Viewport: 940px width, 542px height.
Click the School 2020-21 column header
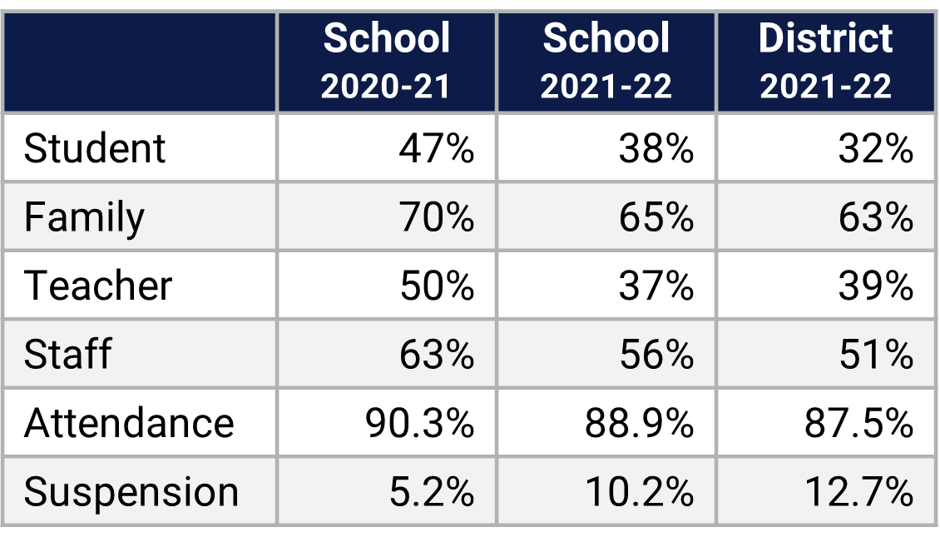point(387,62)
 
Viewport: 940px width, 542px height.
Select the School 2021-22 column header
point(606,62)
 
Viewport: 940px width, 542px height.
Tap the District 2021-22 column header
point(826,62)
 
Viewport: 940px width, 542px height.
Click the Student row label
point(95,149)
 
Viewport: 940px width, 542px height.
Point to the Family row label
point(84,218)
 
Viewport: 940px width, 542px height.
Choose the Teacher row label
point(98,286)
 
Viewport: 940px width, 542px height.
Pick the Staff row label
point(67,355)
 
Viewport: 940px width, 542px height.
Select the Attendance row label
point(129,423)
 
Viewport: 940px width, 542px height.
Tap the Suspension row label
point(131,492)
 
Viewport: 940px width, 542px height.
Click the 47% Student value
point(436,149)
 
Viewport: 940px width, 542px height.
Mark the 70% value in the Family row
point(436,218)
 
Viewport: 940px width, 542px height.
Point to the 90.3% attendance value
point(419,423)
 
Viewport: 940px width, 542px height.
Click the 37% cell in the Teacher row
point(656,286)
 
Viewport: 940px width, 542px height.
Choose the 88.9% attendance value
point(639,423)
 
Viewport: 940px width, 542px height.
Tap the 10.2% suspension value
point(639,492)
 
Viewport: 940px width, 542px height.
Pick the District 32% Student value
point(875,149)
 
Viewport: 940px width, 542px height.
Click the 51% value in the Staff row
point(875,355)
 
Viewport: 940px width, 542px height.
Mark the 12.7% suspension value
point(858,492)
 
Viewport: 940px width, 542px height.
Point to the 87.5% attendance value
point(858,423)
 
